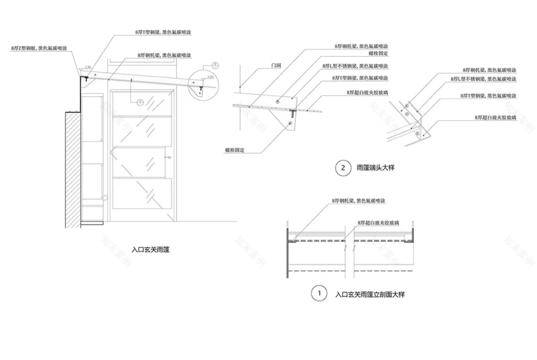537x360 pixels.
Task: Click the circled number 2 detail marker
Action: [x=343, y=168]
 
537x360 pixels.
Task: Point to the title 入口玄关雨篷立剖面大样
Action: [x=370, y=294]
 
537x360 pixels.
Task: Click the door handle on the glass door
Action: [x=167, y=159]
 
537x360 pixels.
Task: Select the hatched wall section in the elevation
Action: [x=72, y=170]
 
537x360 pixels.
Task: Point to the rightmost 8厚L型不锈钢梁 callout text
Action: [x=483, y=79]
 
